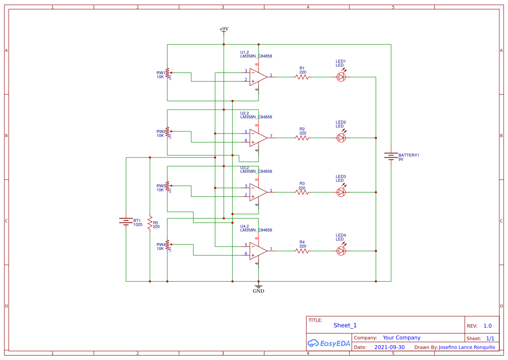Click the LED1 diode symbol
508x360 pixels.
tap(342, 77)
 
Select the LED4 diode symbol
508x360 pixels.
tap(342, 251)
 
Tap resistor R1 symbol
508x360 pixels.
tap(302, 77)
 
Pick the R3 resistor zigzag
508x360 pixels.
tap(302, 192)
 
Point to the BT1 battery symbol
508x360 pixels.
tap(126, 221)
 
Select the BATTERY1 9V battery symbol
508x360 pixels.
tap(391, 156)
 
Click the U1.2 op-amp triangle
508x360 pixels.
tap(258, 77)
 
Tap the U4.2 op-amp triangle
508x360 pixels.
tap(258, 251)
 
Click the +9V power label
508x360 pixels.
tap(224, 29)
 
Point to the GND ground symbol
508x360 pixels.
tap(259, 288)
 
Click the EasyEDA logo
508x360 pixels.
tap(329, 343)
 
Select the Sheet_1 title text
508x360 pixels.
tap(345, 325)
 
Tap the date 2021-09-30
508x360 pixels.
tap(389, 347)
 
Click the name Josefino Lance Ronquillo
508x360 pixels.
tap(467, 347)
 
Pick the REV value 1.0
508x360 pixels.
tap(488, 326)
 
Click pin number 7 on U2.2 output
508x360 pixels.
tap(271, 136)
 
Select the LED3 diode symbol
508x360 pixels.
tap(342, 192)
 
